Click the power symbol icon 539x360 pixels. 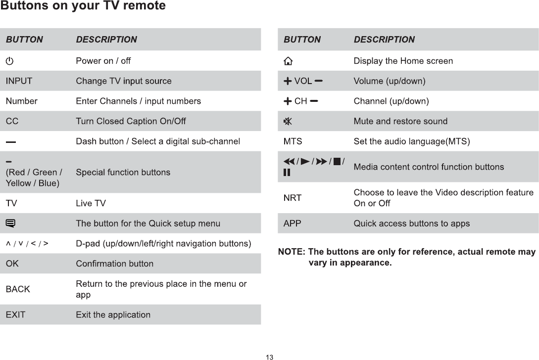[10, 61]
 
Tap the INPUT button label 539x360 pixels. [19, 81]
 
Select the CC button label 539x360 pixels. [12, 121]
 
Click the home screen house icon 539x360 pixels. [288, 61]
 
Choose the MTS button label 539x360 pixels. [293, 142]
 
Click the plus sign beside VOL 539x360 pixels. [288, 81]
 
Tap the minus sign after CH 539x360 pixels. [314, 101]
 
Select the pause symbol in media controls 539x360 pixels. [287, 173]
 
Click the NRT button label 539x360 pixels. [292, 198]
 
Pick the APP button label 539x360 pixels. [292, 224]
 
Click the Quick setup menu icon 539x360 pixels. [10, 224]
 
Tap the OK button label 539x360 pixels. [12, 264]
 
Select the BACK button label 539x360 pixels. [18, 289]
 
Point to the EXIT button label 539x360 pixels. [15, 315]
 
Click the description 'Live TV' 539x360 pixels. [91, 203]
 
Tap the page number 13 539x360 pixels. [269, 357]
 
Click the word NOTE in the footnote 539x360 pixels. [291, 252]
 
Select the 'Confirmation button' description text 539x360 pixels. [114, 264]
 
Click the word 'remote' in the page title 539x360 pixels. [146, 6]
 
